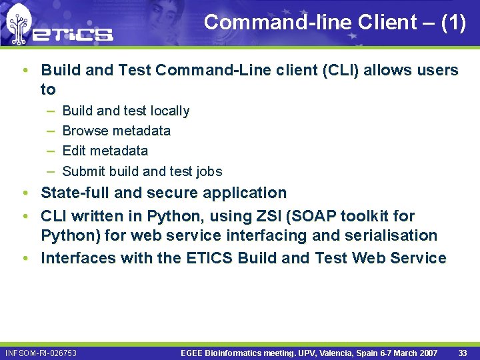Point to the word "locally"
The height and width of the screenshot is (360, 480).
pos(170,111)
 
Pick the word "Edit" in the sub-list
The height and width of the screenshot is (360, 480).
pos(73,151)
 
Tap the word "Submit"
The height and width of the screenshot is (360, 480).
pos(85,171)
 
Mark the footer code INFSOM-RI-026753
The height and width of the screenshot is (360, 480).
pos(41,353)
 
